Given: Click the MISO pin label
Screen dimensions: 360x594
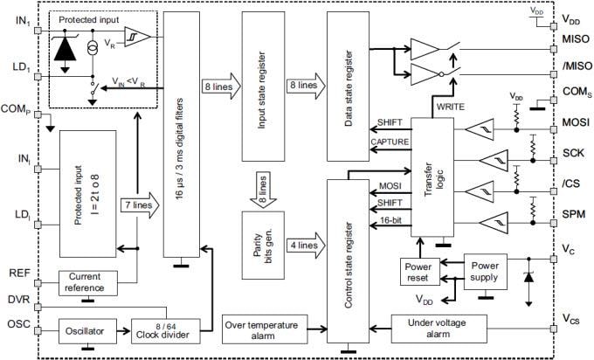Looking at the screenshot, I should pyautogui.click(x=577, y=38).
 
